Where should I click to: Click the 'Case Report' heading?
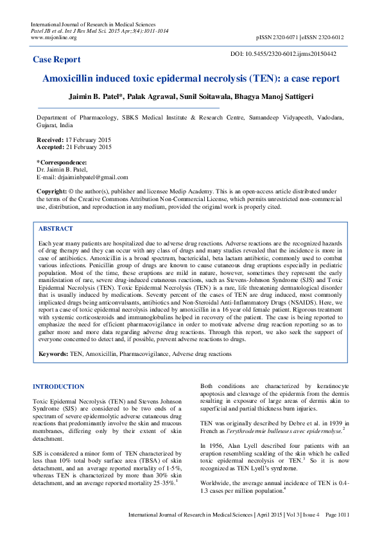pos(57,60)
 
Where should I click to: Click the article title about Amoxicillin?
pos(191,79)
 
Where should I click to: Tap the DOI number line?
pos(282,54)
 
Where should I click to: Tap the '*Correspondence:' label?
pos(61,162)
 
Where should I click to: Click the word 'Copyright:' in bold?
pos(51,192)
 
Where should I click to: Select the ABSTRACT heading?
pos(55,229)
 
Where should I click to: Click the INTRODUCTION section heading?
pos(58,386)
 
